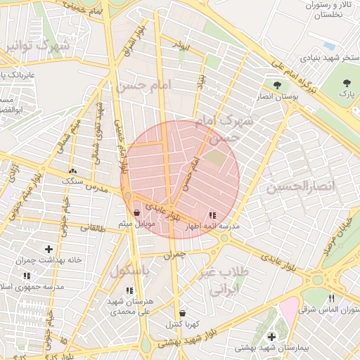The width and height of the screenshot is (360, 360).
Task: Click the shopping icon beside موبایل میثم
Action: pyautogui.click(x=136, y=212)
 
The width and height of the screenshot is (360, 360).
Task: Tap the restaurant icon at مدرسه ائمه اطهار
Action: pyautogui.click(x=212, y=215)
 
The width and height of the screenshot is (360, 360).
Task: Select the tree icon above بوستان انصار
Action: pyautogui.click(x=280, y=84)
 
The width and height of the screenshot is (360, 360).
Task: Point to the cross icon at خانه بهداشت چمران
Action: pyautogui.click(x=49, y=249)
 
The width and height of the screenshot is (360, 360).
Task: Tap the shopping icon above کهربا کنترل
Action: pyautogui.click(x=183, y=313)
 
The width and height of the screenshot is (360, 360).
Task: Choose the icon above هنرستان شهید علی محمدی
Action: pyautogui.click(x=129, y=290)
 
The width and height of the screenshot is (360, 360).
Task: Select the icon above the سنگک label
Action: pyautogui.click(x=72, y=171)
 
